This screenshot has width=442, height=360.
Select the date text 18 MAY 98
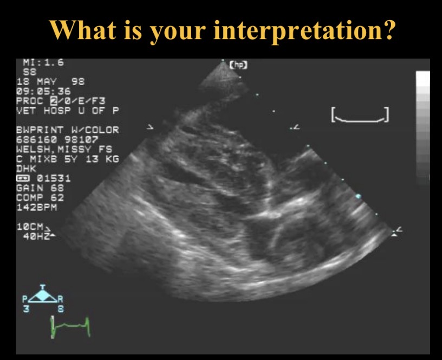(51, 81)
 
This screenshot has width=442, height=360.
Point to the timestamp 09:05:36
(43, 91)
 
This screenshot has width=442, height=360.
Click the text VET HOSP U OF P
(68, 110)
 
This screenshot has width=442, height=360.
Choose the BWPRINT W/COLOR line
(68, 130)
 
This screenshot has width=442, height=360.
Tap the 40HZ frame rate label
(36, 236)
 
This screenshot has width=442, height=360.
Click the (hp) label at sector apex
(239, 65)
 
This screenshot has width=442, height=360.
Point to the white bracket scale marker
(360, 115)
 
